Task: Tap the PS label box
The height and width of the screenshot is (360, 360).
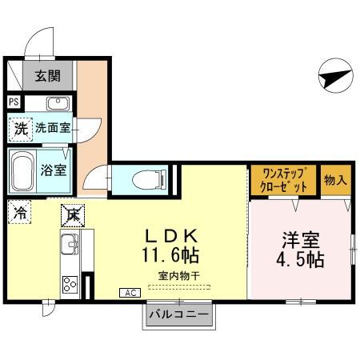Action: (13, 102)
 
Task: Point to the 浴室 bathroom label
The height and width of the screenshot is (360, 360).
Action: (54, 170)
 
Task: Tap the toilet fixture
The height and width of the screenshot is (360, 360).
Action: (145, 178)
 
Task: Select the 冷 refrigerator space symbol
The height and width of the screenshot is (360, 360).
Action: (18, 214)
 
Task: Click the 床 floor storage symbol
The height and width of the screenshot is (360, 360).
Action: (70, 214)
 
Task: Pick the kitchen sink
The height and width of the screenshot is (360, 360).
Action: (69, 244)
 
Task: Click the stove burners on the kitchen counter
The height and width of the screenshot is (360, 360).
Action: (69, 284)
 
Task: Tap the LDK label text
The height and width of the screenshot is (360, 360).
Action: (170, 237)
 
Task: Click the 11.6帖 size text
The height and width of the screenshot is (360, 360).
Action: (170, 258)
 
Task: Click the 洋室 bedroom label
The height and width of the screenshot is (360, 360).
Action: (301, 239)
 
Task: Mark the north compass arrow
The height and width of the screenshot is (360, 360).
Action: (334, 78)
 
